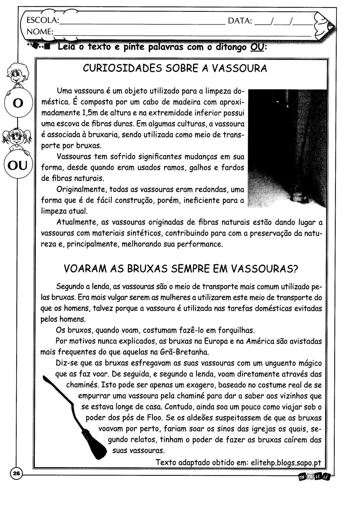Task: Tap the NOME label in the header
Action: pyautogui.click(x=39, y=32)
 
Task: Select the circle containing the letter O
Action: pyautogui.click(x=18, y=103)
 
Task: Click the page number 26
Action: pyautogui.click(x=16, y=474)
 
